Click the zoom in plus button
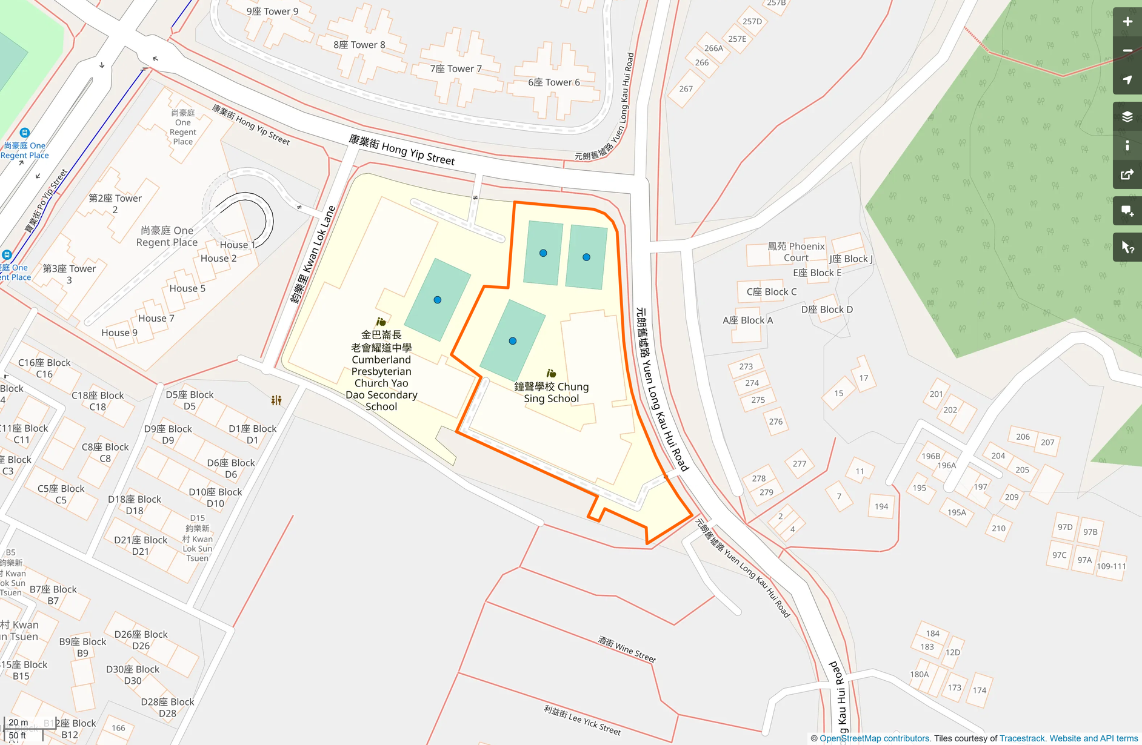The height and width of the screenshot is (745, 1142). [1127, 22]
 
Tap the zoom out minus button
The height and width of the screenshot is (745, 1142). [1127, 51]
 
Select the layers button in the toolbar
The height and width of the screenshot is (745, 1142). [1127, 117]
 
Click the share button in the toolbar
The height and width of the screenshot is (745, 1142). [1127, 175]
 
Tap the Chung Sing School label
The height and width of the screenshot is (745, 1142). [551, 392]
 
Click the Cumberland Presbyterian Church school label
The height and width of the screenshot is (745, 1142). [381, 370]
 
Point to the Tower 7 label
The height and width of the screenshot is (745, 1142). [456, 69]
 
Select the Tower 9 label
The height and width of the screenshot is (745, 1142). [272, 12]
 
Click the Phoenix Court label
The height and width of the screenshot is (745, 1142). [796, 251]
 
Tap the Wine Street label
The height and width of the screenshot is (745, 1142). [627, 649]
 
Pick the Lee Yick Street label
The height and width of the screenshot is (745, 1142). [582, 720]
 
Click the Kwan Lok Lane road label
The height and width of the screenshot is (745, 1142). [313, 254]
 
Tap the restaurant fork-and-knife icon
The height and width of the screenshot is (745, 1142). [276, 400]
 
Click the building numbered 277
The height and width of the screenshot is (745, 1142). [799, 463]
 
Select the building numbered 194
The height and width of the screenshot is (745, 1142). [881, 506]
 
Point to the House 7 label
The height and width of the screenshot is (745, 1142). [156, 319]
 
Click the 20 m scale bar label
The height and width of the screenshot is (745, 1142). [18, 722]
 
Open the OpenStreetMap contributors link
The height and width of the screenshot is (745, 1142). [874, 738]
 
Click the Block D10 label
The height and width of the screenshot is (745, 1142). [215, 497]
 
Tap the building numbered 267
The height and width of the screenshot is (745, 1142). [686, 89]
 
